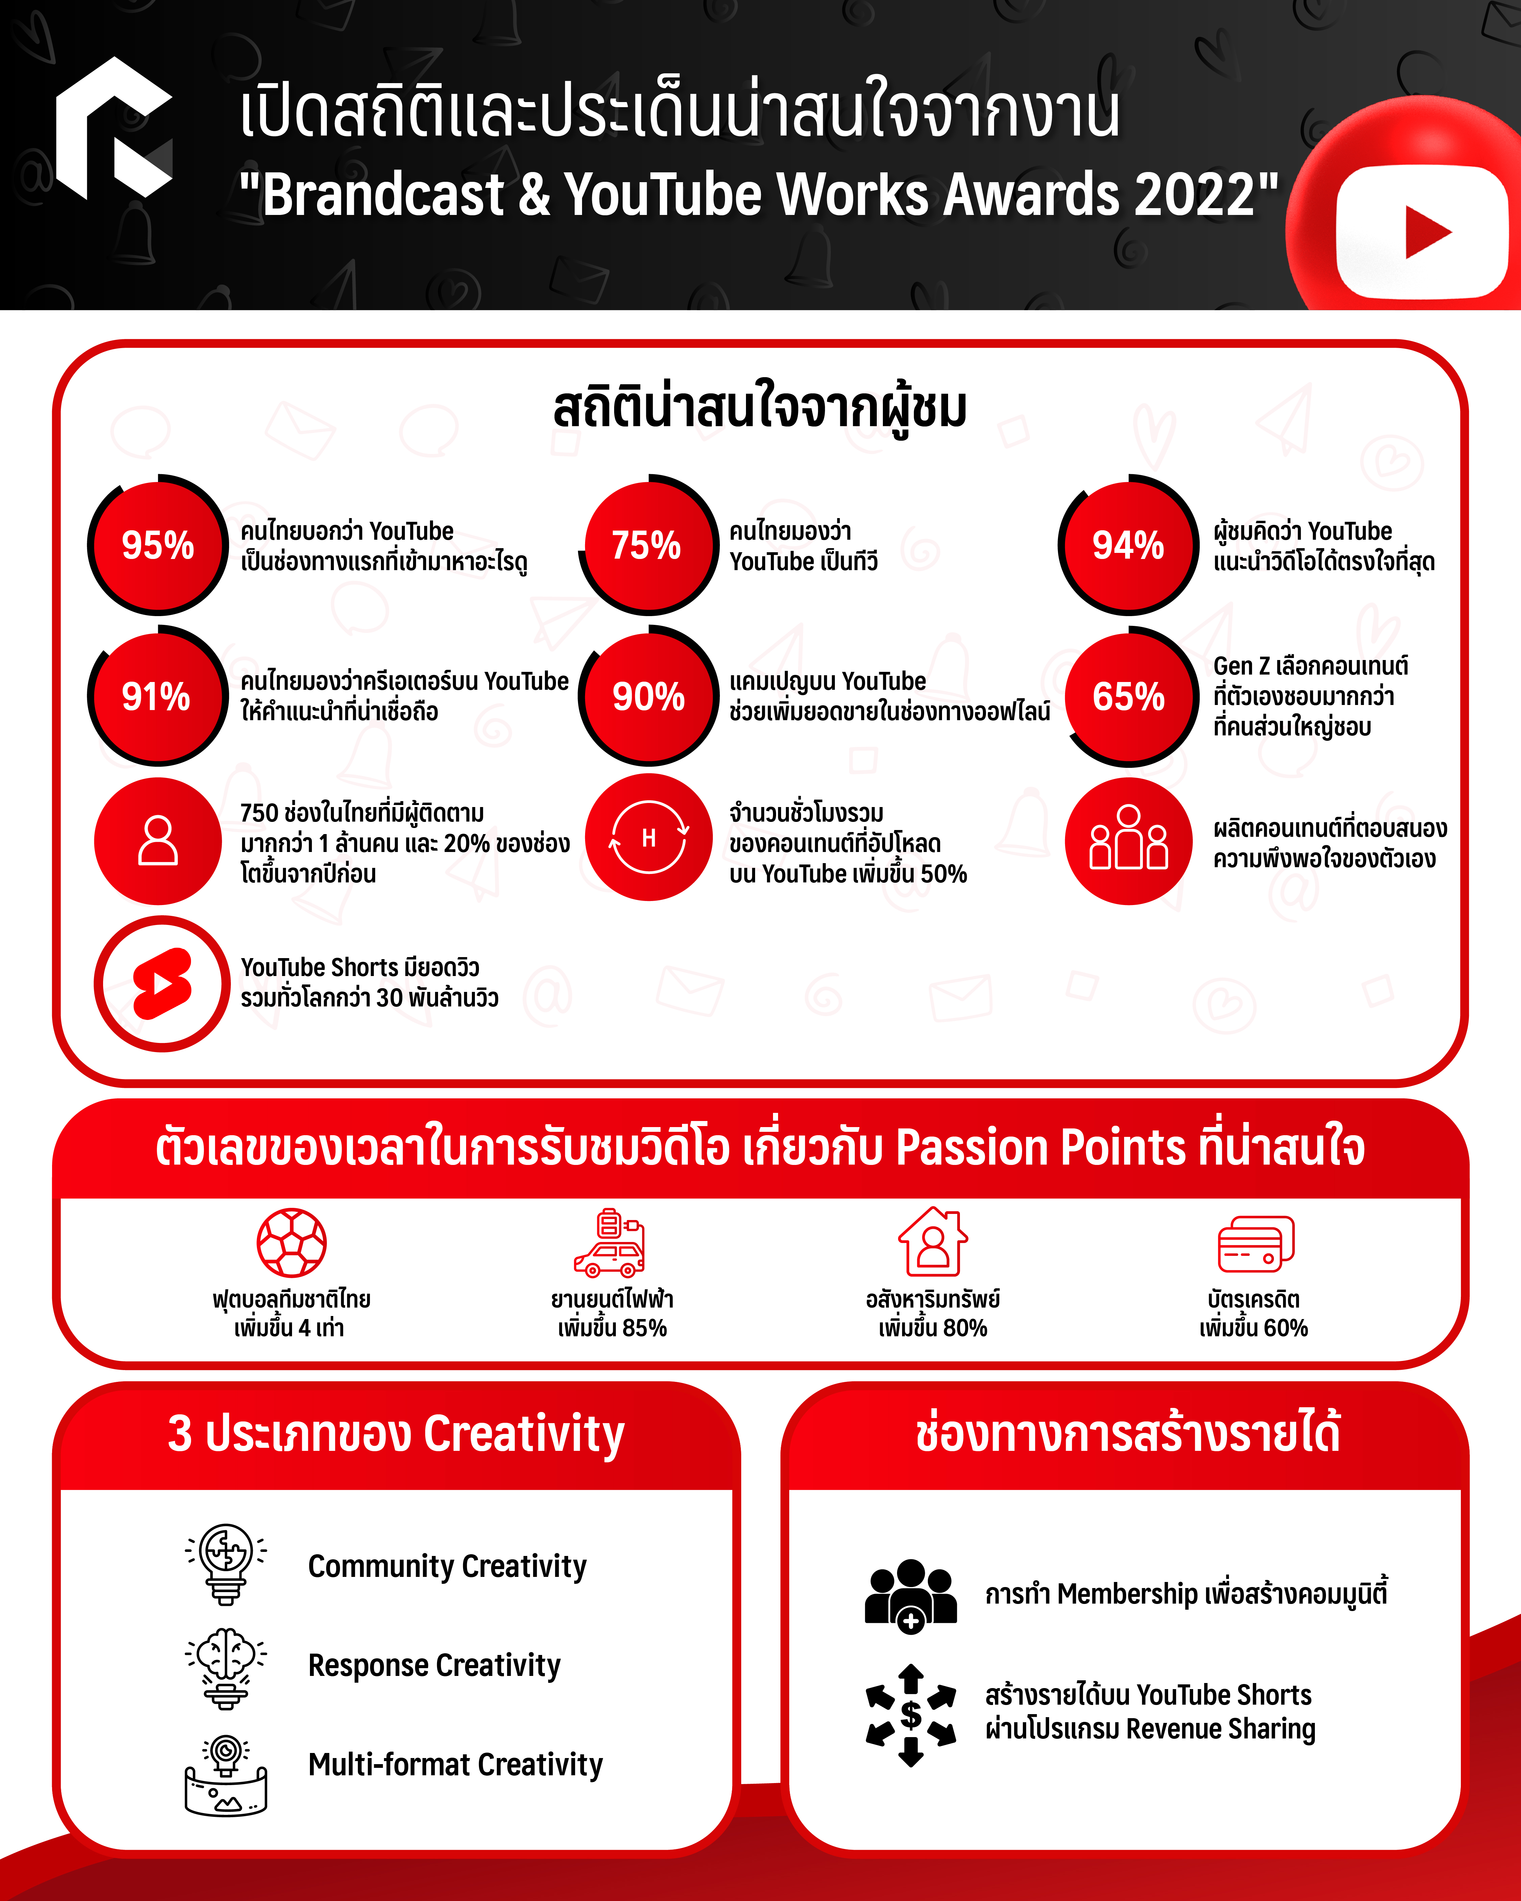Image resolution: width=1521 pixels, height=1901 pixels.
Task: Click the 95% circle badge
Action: point(158,545)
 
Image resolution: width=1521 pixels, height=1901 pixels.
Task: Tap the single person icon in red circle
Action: point(158,840)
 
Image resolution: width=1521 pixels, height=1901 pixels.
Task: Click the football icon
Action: point(292,1242)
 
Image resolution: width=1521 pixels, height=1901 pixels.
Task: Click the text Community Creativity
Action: point(447,1566)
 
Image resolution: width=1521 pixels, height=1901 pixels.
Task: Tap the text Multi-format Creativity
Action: point(455,1764)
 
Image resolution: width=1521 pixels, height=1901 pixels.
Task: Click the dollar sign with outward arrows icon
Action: point(911,1715)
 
